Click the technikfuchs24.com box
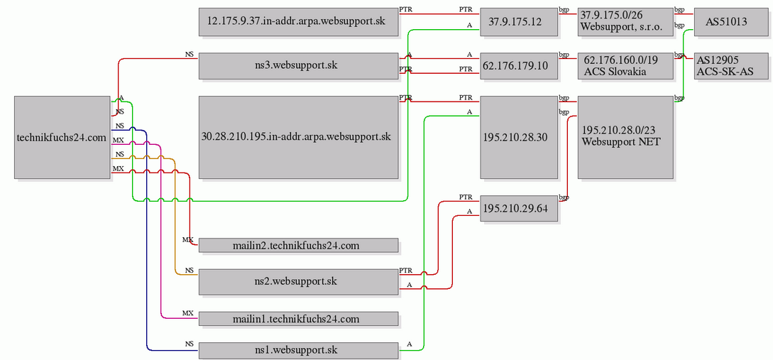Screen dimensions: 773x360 pos(62,137)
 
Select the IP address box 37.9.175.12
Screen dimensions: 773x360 pos(519,22)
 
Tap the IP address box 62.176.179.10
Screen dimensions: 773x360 pos(519,65)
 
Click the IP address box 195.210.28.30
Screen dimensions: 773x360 pos(519,137)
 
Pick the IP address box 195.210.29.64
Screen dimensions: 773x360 pos(519,209)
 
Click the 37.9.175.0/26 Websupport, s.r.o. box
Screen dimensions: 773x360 pos(625,22)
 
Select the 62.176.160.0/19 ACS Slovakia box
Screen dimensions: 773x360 pos(625,65)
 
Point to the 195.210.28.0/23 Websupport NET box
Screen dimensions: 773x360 pos(625,137)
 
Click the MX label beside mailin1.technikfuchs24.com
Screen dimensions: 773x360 pos(188,313)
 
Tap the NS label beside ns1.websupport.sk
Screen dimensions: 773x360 pos(190,344)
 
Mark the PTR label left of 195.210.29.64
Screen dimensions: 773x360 pos(466,197)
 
